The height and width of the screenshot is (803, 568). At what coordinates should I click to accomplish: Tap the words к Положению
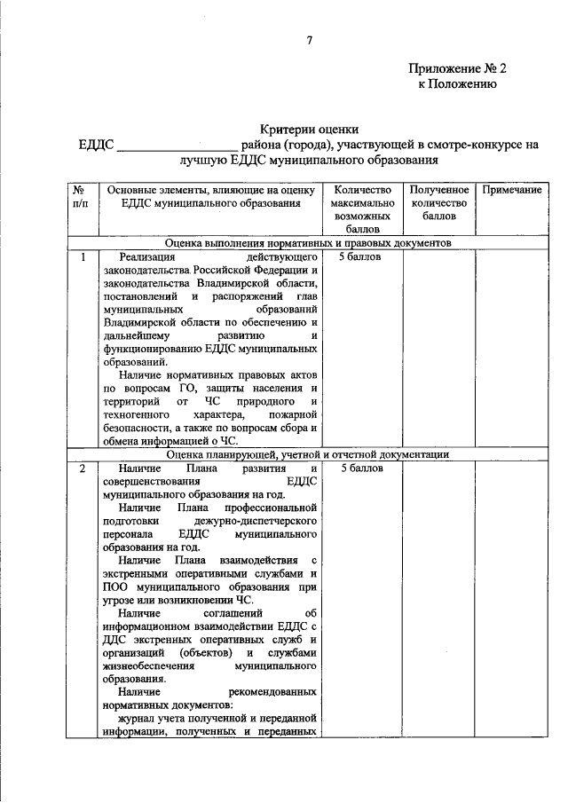click(x=457, y=84)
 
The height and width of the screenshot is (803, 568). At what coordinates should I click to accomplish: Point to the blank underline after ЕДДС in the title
click(x=177, y=146)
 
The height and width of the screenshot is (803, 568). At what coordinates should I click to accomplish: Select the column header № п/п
click(x=80, y=197)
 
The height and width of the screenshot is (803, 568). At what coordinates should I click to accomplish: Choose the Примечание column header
click(x=511, y=191)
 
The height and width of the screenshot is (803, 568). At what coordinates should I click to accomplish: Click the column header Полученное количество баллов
click(x=438, y=203)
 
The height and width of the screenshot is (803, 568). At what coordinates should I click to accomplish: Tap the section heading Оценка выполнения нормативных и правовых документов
click(x=309, y=242)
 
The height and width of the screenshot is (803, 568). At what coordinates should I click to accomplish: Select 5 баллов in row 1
click(x=359, y=257)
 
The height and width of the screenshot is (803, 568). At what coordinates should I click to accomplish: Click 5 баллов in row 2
click(x=359, y=468)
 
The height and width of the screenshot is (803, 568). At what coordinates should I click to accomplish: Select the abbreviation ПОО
click(x=114, y=587)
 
